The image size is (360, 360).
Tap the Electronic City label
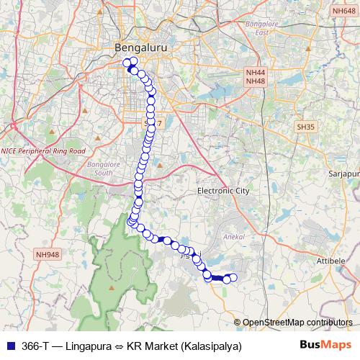pyautogui.click(x=223, y=192)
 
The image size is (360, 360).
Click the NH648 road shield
pyautogui.click(x=343, y=11)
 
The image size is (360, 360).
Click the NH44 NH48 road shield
pyautogui.click(x=256, y=77)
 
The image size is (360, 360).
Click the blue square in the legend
pyautogui.click(x=9, y=346)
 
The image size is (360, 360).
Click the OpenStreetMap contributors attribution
pyautogui.click(x=297, y=323)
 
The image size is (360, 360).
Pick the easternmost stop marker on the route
pyautogui.click(x=232, y=278)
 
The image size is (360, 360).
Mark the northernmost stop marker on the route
pyautogui.click(x=132, y=61)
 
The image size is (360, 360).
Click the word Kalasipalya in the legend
pyautogui.click(x=210, y=346)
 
